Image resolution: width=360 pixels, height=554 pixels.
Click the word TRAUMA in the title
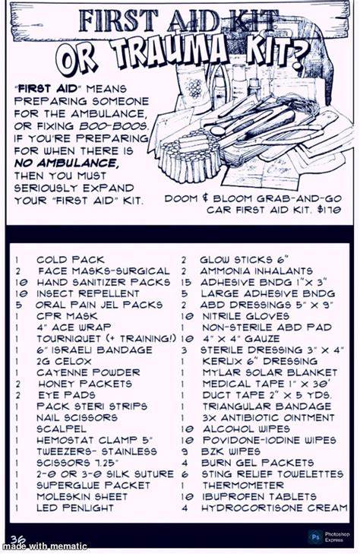tap(169, 53)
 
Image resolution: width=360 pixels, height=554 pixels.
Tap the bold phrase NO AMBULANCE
tap(65, 163)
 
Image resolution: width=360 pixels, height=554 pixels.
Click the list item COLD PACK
tap(71, 260)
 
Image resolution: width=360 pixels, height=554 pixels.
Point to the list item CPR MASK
tap(67, 316)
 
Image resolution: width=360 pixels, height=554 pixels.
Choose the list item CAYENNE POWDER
tap(88, 372)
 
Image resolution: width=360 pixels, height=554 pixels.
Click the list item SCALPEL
tap(61, 429)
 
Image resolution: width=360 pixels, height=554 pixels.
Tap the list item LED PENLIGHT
tap(75, 508)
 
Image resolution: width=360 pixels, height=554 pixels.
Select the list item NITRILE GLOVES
tap(245, 316)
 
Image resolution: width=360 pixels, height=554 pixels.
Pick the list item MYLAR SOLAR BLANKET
tap(270, 372)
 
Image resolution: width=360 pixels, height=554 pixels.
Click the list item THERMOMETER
tap(243, 485)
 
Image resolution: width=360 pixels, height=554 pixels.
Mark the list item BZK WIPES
tap(231, 451)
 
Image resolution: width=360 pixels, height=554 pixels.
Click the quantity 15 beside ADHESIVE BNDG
tap(186, 282)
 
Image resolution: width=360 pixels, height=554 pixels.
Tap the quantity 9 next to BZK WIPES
tap(185, 451)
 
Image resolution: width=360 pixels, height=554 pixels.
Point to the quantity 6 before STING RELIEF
tap(185, 474)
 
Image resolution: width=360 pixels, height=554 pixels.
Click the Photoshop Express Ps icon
tap(315, 537)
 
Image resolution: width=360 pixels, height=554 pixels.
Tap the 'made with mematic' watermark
tap(44, 546)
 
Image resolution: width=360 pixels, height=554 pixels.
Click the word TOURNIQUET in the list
tap(69, 338)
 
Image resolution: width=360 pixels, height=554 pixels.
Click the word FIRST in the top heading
tap(118, 21)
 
